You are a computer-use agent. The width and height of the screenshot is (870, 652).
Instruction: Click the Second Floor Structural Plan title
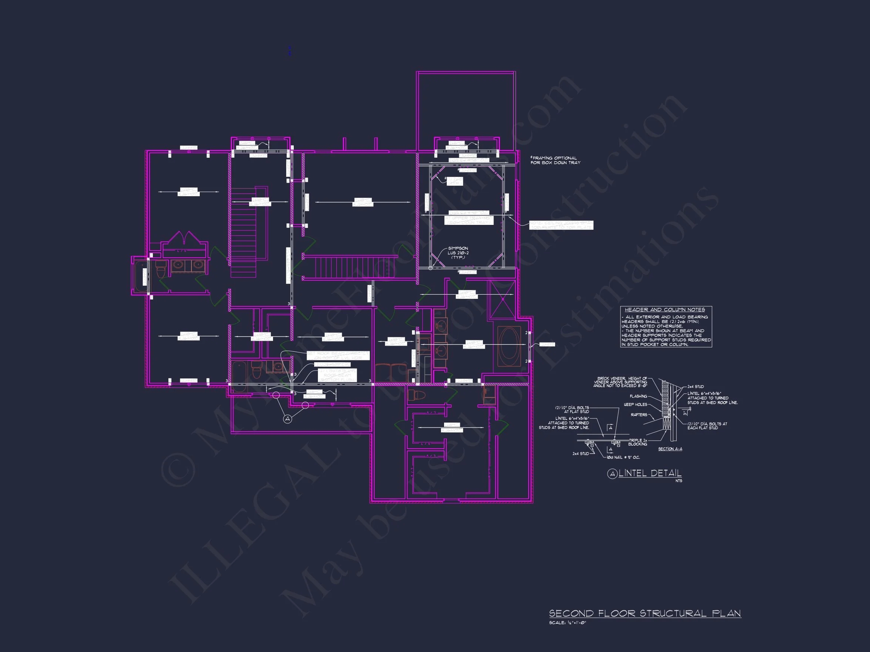(645, 614)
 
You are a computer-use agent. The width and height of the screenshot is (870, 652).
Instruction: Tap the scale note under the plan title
(568, 623)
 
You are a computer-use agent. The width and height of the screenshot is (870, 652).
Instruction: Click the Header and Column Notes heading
(665, 310)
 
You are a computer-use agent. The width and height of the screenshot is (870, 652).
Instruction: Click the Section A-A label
(670, 449)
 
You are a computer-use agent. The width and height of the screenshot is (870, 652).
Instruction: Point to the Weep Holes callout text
(635, 404)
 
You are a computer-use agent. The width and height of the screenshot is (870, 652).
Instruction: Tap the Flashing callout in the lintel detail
(638, 396)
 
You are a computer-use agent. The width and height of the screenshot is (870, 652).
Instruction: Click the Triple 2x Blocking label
(637, 442)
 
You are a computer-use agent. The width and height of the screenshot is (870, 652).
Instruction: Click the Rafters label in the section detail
(639, 415)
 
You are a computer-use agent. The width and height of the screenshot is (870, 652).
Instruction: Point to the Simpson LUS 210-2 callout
(458, 253)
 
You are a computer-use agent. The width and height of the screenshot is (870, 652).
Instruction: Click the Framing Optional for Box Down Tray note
(555, 160)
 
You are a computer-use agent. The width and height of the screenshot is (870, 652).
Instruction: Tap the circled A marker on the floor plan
(288, 419)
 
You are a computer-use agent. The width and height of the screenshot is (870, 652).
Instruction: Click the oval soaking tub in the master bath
(509, 346)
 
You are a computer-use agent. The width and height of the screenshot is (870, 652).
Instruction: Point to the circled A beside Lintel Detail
(612, 474)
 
